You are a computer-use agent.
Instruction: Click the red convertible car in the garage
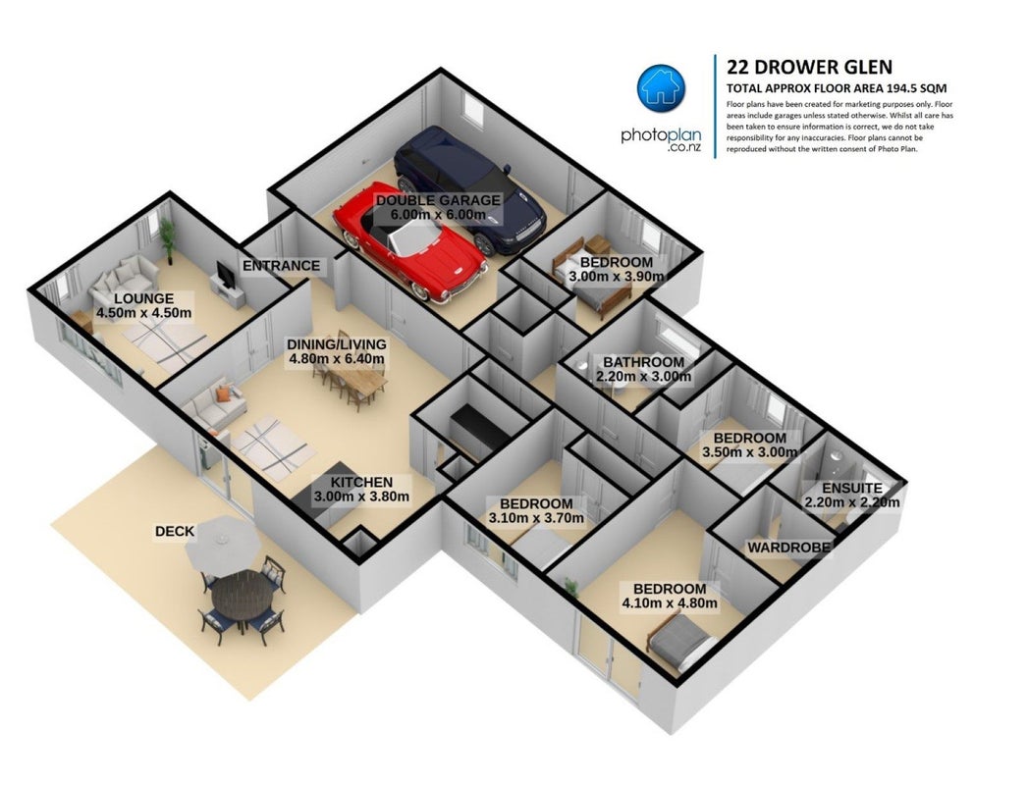(409, 245)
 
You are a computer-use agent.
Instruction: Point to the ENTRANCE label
(281, 265)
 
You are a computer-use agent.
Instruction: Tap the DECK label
(175, 531)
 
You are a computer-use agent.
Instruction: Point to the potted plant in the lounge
(168, 239)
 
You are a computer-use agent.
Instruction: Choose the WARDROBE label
(788, 548)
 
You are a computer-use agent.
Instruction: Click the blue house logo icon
(661, 87)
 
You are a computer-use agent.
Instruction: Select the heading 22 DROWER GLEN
(810, 67)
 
